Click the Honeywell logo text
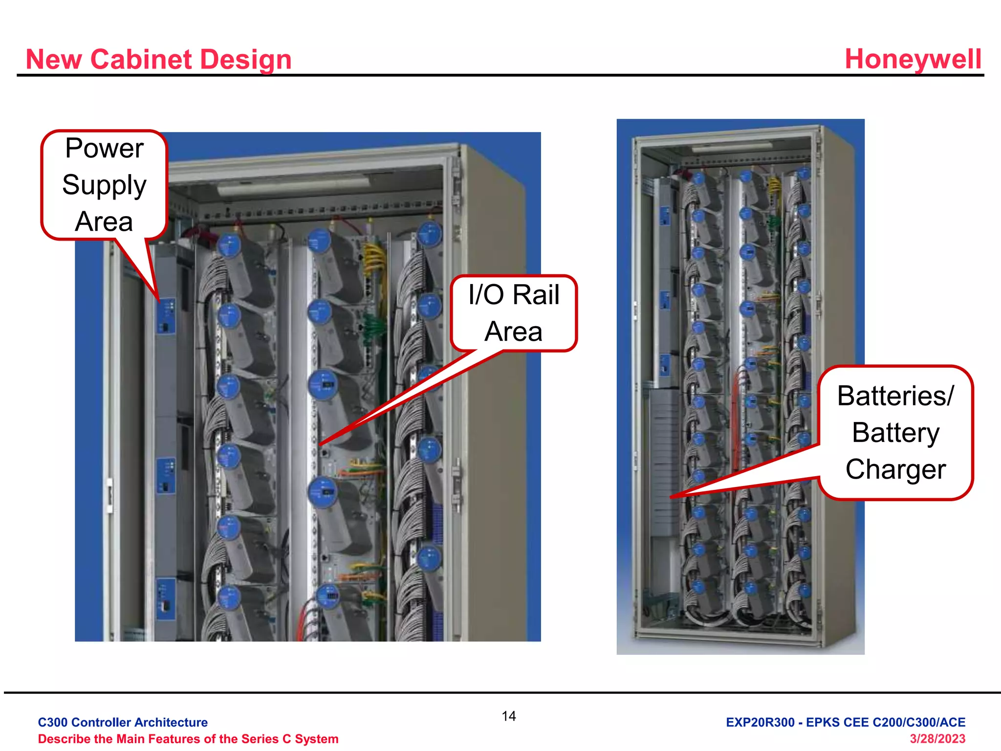tap(913, 59)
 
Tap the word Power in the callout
tap(104, 148)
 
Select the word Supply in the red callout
tap(104, 185)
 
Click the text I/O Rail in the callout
tap(513, 295)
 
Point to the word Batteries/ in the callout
tap(895, 396)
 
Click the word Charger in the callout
tap(895, 469)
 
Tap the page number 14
tap(508, 716)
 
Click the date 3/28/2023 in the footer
tap(937, 739)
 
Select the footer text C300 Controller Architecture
tap(123, 722)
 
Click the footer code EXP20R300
tap(760, 722)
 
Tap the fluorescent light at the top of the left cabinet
tap(293, 186)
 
